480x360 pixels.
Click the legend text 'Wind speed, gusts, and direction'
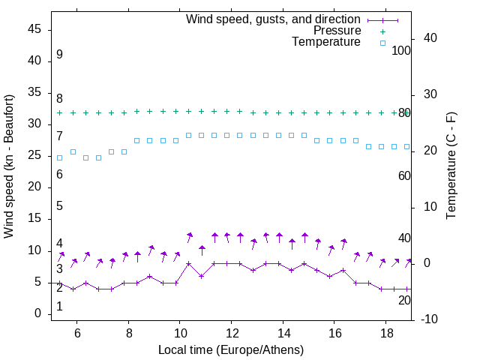pos(274,19)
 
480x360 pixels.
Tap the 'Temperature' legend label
pos(326,42)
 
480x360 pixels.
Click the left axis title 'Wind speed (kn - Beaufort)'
pos(9,166)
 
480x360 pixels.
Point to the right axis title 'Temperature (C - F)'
pos(451,166)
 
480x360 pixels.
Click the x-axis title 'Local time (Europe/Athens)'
pos(231,349)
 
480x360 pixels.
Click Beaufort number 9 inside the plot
pos(59,55)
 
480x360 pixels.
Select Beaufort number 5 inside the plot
pos(59,206)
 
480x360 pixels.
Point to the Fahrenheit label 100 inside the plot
pos(402,50)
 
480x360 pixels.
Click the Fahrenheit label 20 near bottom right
pos(404,300)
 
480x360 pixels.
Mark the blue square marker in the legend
pos(382,43)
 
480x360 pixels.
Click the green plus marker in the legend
pos(382,31)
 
